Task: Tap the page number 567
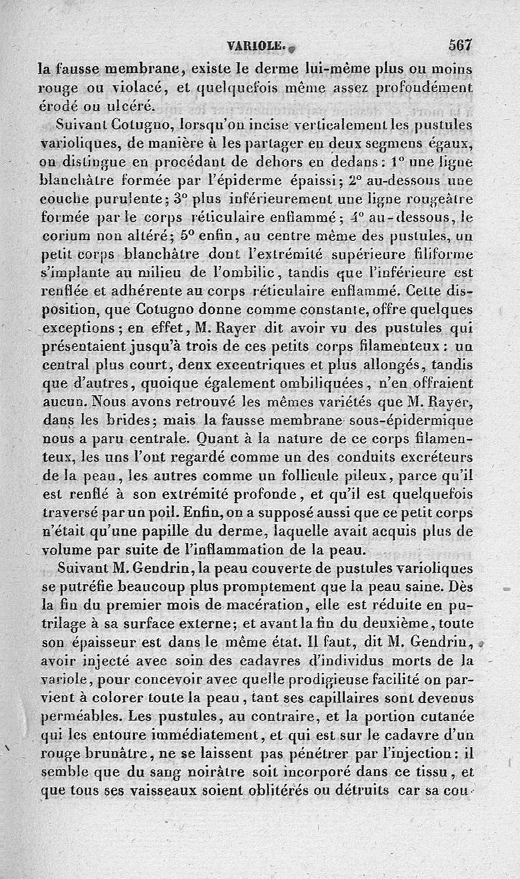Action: pos(458,45)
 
